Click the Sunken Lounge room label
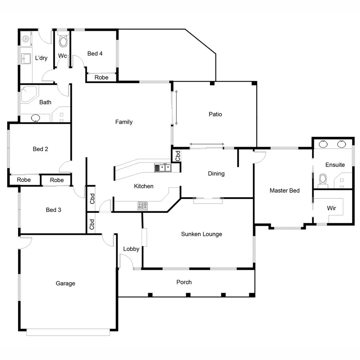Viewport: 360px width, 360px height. tap(201, 234)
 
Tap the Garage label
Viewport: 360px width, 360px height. tap(65, 284)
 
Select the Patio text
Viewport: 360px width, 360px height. tap(215, 114)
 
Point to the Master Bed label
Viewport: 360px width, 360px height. tap(284, 190)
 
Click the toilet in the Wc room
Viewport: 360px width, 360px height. tap(63, 40)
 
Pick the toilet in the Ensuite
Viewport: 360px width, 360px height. tap(322, 181)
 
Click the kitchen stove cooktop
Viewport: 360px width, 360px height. tap(142, 206)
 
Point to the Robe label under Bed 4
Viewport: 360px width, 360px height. tap(101, 78)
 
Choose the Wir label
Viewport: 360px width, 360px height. tap(331, 208)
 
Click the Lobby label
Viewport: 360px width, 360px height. tap(131, 249)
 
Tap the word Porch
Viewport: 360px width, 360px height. tap(184, 282)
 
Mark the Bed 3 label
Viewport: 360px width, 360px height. tap(54, 210)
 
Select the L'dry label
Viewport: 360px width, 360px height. tap(41, 58)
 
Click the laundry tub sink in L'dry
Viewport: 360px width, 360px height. tap(26, 58)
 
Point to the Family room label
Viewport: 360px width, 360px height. tap(124, 122)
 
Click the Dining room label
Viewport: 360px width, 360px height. tap(216, 174)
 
